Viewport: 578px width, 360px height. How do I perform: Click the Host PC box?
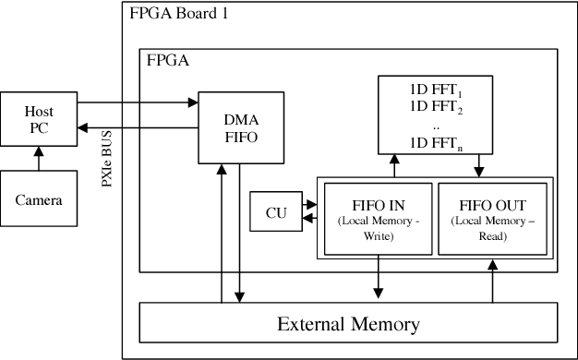tap(38, 119)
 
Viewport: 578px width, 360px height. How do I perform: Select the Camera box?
tap(38, 198)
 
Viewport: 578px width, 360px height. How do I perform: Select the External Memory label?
tap(348, 324)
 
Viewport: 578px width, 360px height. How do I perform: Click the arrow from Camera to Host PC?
tap(38, 159)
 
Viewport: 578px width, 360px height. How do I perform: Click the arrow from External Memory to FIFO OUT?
tap(493, 279)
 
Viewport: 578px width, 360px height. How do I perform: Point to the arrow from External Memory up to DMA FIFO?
tap(222, 231)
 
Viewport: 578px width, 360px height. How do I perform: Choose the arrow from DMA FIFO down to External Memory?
tap(239, 231)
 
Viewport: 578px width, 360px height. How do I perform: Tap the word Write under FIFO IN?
tap(378, 236)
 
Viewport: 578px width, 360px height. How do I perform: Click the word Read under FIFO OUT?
tap(492, 236)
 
